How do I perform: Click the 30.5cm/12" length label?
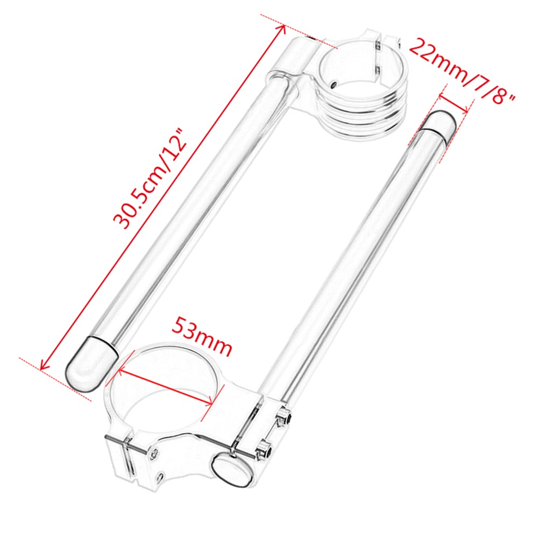pos(150,179)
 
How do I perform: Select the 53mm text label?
pos(202,336)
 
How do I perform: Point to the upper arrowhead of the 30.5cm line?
pos(282,28)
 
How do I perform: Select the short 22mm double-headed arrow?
pos(454,102)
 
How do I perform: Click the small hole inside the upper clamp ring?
pos(334,84)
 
